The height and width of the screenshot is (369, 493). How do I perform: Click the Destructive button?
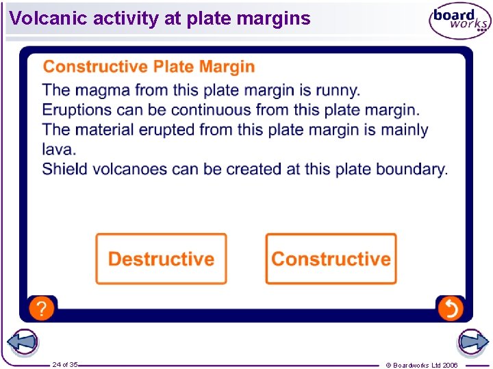coord(161,259)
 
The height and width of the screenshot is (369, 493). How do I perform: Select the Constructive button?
coord(331,259)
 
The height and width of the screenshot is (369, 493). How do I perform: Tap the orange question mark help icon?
coord(41,308)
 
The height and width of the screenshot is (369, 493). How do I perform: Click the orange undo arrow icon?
coord(451,309)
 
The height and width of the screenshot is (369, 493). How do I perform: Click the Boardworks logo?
coord(459,21)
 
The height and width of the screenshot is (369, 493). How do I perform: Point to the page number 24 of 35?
coord(65,365)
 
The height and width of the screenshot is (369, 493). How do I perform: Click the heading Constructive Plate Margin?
coord(149,67)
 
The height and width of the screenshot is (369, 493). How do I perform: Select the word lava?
coord(58,149)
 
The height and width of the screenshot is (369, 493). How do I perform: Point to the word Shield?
coord(64,169)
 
